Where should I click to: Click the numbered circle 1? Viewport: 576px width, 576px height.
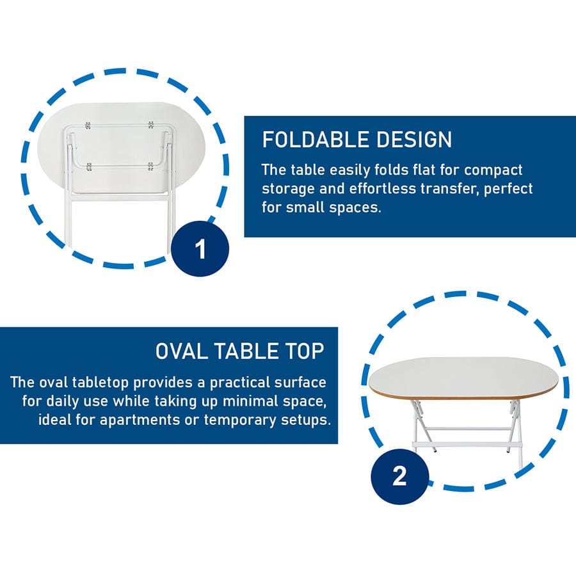click(200, 249)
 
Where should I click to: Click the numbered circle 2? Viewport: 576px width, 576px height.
click(399, 476)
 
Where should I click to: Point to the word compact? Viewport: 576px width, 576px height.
click(493, 170)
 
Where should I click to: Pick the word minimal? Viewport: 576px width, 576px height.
click(252, 401)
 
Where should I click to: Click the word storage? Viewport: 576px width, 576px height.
click(287, 189)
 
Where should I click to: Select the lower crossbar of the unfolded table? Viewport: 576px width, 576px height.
click(467, 444)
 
